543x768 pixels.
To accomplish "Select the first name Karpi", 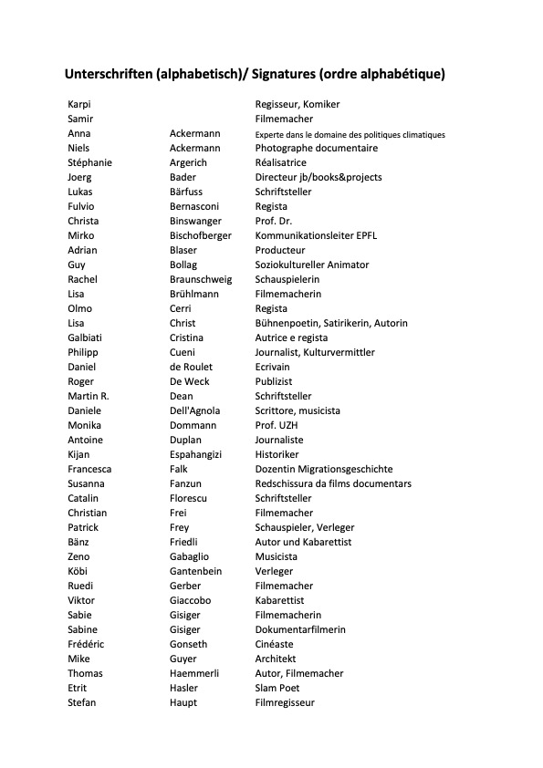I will (78, 104).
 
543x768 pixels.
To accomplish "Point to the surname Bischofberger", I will (200, 235).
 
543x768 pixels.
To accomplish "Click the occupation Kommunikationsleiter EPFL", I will (316, 235).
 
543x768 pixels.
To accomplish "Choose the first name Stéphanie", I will (89, 162).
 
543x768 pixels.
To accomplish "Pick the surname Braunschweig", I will (201, 279).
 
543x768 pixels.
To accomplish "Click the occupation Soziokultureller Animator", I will (312, 265).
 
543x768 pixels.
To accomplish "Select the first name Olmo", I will (79, 308).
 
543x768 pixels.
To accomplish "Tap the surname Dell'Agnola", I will (194, 410).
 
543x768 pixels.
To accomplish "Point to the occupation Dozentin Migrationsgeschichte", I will (324, 469).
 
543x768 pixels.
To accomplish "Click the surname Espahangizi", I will (195, 454).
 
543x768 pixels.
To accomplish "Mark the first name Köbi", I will (78, 571).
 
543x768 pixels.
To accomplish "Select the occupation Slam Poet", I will (277, 688).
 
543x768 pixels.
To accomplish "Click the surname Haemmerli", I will (193, 673).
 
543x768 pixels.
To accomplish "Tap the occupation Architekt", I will (276, 659).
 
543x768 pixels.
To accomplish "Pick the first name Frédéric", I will (87, 644).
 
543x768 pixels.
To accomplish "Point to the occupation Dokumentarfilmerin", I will (300, 629).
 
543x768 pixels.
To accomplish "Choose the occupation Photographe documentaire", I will (316, 148).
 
